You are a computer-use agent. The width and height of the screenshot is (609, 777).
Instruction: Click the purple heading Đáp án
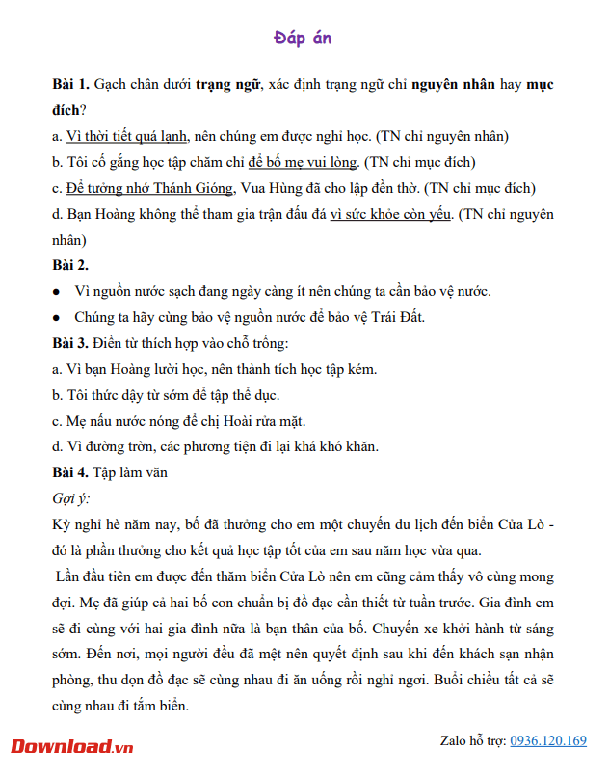(303, 38)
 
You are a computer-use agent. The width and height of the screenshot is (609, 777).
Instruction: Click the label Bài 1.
(70, 84)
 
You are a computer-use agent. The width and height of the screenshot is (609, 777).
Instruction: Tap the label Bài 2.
(70, 264)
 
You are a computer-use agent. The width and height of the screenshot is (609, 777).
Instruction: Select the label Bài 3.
(70, 342)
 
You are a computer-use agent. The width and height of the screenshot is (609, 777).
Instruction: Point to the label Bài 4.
(70, 472)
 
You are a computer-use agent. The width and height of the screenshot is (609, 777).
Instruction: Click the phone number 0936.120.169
(547, 741)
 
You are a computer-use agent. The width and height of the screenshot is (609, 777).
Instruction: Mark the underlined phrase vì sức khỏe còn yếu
(390, 214)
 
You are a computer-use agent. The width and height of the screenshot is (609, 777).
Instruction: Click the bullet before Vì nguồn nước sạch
(57, 291)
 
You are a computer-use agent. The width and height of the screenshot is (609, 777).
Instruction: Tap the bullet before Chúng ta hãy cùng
(57, 317)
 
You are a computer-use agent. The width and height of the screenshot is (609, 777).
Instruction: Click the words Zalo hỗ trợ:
(472, 741)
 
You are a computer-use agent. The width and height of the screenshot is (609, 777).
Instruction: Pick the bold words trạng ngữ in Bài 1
(227, 84)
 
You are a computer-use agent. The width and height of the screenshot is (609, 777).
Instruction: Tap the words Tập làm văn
(130, 472)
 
